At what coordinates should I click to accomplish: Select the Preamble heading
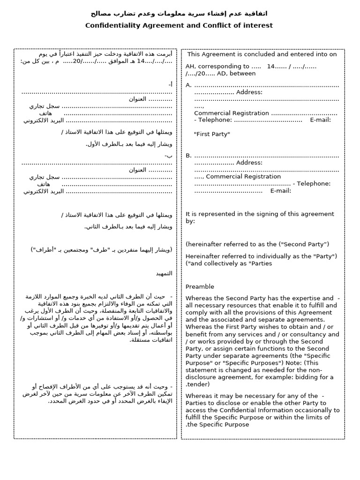click(200, 287)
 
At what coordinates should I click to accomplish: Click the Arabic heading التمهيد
click(164, 273)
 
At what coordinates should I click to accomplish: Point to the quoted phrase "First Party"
click(212, 135)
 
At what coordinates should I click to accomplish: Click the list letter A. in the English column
click(189, 85)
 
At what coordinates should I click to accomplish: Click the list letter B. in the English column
click(189, 156)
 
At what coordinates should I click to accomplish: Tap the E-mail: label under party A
click(321, 120)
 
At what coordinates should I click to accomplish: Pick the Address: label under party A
click(249, 92)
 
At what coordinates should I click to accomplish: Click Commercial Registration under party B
click(243, 177)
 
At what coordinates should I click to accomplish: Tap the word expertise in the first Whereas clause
click(303, 298)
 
